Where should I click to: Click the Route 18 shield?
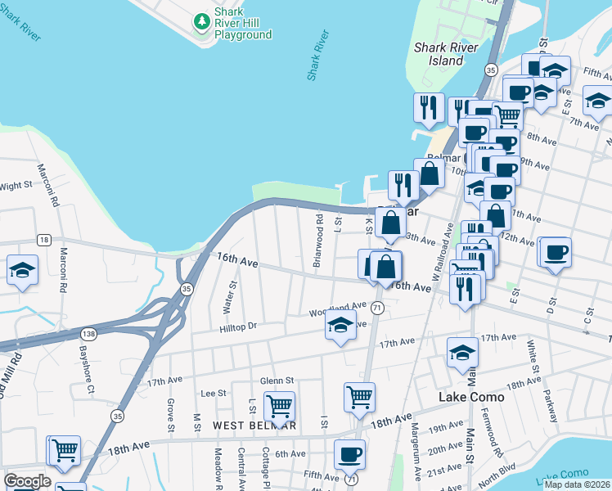43,239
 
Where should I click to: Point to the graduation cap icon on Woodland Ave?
340,326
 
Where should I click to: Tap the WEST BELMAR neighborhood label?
254,426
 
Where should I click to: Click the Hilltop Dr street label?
238,326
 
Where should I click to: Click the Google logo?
27,481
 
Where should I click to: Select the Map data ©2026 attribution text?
577,484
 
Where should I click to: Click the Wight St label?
15,187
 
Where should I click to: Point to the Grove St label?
171,415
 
